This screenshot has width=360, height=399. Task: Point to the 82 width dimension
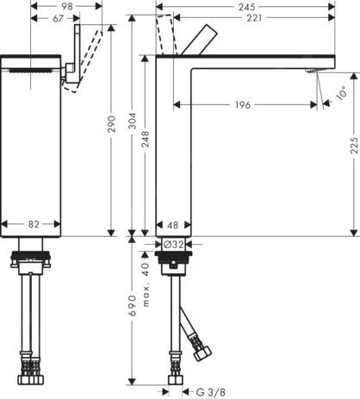[33, 224]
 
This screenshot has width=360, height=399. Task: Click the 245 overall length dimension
[246, 6]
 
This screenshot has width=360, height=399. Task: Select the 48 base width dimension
[173, 224]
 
